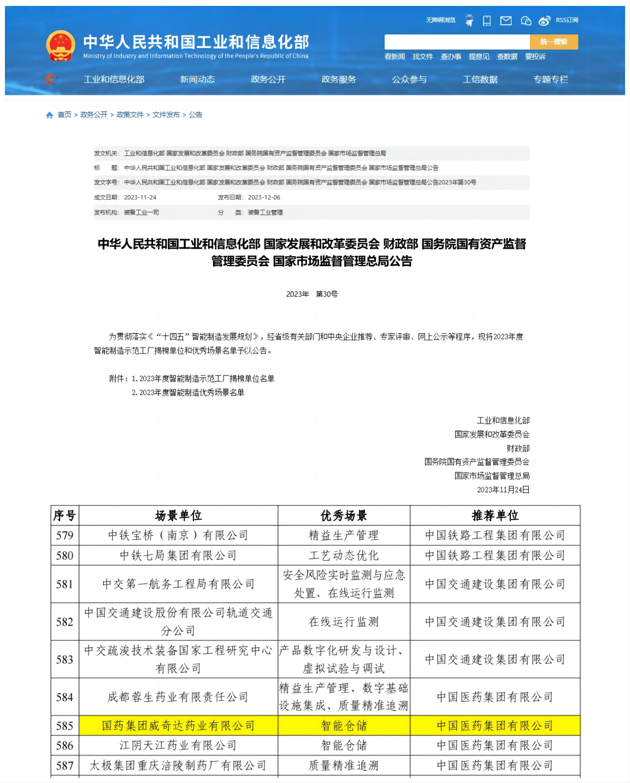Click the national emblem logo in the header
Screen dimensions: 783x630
tap(60, 45)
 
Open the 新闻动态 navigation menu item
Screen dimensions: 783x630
tap(197, 79)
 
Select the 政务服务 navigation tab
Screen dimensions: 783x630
tap(339, 79)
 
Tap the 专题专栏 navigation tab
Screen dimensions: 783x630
tap(551, 79)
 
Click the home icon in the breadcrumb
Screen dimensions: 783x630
tap(50, 115)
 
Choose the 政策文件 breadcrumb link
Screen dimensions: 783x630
tap(130, 115)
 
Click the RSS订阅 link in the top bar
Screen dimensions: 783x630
tap(567, 20)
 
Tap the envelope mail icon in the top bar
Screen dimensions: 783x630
tap(506, 21)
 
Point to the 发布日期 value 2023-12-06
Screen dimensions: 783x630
tap(264, 197)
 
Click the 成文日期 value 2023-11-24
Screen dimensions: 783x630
tap(140, 197)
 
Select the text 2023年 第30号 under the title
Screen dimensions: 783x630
tap(312, 294)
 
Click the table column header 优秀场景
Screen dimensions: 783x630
tap(344, 515)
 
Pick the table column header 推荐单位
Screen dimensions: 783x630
tap(495, 515)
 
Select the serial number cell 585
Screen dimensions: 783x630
tap(64, 726)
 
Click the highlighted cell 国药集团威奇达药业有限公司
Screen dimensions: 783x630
tap(178, 726)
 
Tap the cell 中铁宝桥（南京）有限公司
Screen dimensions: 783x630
tap(178, 535)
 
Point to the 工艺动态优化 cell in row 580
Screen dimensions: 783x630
tap(344, 556)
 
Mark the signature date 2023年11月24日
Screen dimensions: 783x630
tap(503, 490)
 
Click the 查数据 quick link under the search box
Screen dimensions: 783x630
tap(507, 56)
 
